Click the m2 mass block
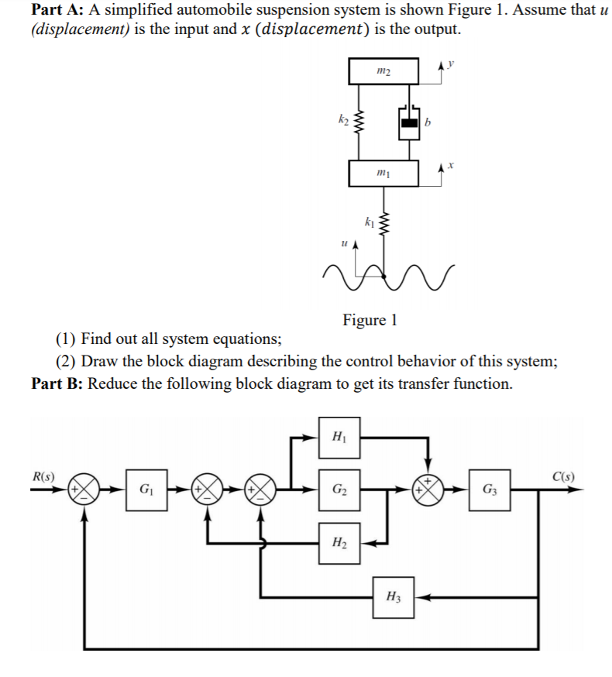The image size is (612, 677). coord(383,71)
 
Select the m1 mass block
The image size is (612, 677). coord(383,173)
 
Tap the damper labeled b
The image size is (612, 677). coord(409,122)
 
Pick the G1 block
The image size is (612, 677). coord(145,489)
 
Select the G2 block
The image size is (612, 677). coord(339,489)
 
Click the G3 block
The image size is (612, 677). coord(490,489)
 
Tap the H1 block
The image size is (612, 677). coord(339,437)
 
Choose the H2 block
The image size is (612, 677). coord(339,541)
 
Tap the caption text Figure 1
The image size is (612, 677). coord(370,320)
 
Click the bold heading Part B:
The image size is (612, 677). coord(56,383)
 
